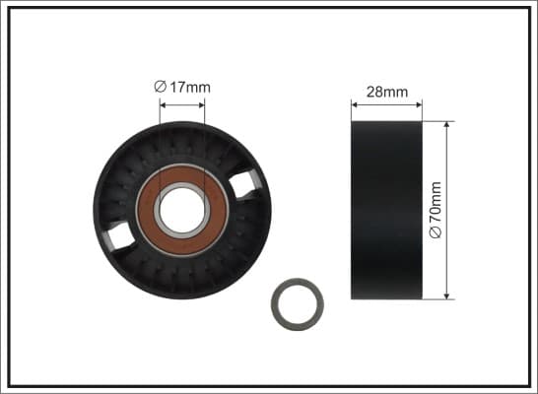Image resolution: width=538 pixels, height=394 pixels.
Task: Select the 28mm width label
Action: click(x=387, y=92)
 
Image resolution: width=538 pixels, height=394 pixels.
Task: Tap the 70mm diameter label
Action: click(x=436, y=210)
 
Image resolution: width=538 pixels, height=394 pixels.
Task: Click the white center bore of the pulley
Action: click(x=182, y=210)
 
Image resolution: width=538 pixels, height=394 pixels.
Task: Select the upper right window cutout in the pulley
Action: click(x=244, y=184)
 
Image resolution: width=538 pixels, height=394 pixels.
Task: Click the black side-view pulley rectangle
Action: click(x=386, y=210)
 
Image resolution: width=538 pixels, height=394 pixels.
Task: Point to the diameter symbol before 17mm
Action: click(x=161, y=87)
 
